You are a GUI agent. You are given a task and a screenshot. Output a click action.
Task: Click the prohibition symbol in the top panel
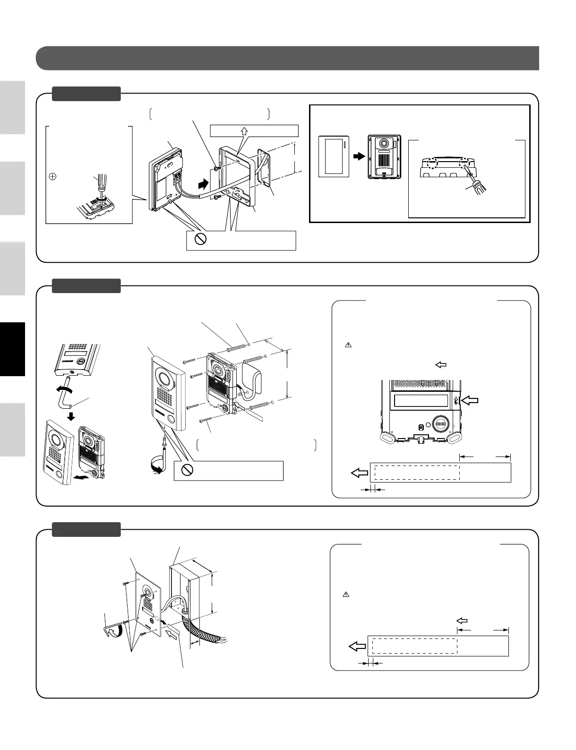[x=201, y=240]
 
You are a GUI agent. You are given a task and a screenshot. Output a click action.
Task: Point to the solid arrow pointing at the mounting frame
[x=202, y=182]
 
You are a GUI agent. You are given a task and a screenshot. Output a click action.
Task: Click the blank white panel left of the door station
[x=334, y=156]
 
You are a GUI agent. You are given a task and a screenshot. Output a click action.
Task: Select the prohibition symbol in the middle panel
[x=188, y=470]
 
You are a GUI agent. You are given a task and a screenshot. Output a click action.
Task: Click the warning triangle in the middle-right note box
[x=348, y=345]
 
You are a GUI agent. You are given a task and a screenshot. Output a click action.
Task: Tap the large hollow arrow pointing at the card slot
[x=470, y=401]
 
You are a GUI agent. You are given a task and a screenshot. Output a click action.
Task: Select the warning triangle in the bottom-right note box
[x=345, y=595]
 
